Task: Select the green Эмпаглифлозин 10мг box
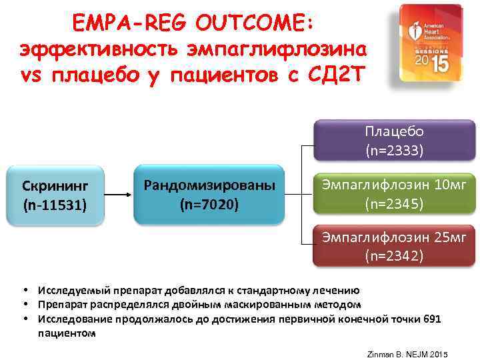click(394, 194)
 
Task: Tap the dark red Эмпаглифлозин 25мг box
click(394, 246)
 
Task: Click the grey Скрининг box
click(55, 194)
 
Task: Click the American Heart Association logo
click(427, 43)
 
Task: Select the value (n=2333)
click(394, 151)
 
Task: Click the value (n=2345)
click(394, 203)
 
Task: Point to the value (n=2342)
click(394, 255)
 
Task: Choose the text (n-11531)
click(55, 203)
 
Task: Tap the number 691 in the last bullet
click(432, 319)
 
